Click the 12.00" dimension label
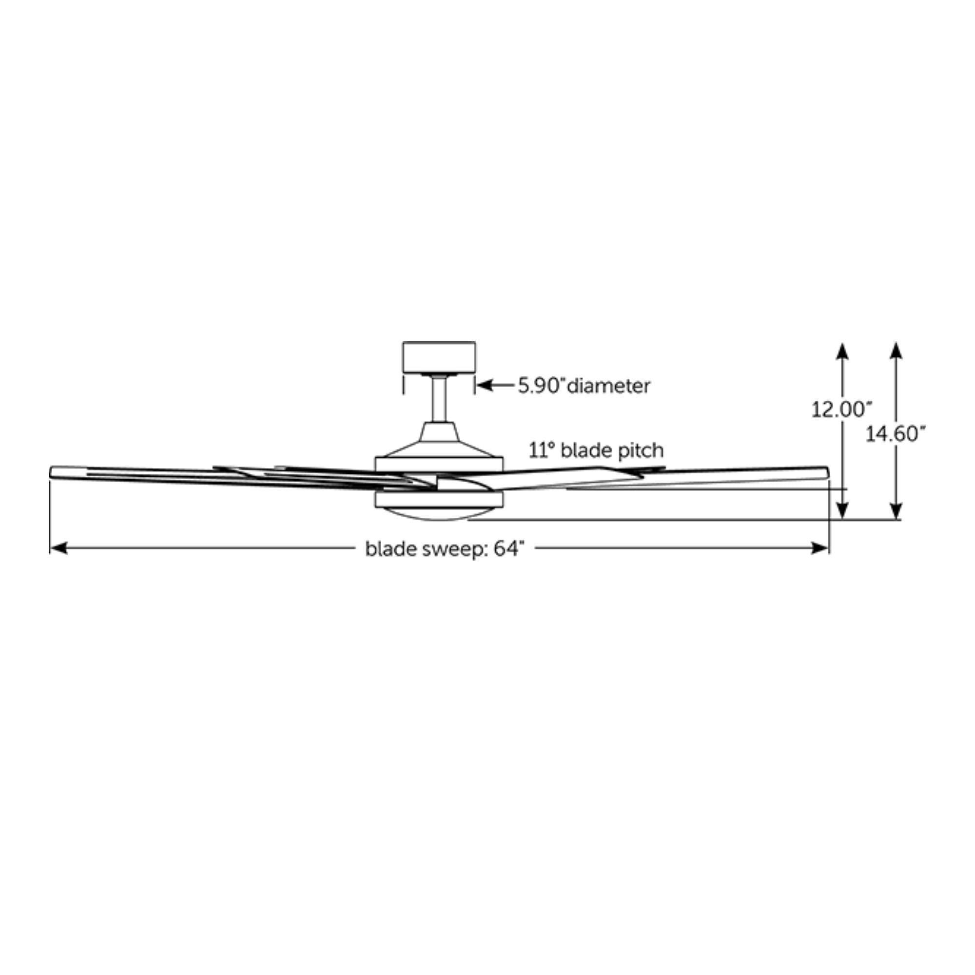pos(841,409)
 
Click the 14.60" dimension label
pos(896,433)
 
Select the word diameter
pos(608,386)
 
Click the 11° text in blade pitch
pos(542,450)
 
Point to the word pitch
pos(637,450)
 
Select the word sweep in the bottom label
pos(453,549)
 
